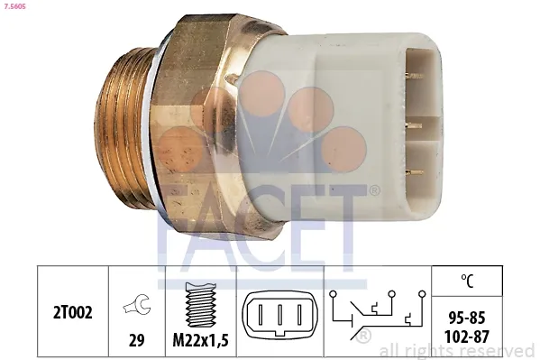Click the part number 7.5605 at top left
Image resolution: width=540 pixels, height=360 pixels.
[14, 7]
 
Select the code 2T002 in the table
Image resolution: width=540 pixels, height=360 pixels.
[73, 311]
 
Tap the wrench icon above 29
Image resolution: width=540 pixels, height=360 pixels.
[136, 307]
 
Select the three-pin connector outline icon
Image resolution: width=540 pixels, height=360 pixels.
[279, 317]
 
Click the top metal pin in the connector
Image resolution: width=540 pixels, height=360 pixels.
[414, 77]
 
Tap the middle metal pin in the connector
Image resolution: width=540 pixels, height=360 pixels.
[414, 125]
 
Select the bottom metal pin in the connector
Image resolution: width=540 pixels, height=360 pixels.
[414, 171]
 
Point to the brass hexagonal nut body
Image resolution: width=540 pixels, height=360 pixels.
[203, 117]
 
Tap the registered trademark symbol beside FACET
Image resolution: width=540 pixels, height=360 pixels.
[373, 189]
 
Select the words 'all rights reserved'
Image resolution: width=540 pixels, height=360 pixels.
[457, 350]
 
